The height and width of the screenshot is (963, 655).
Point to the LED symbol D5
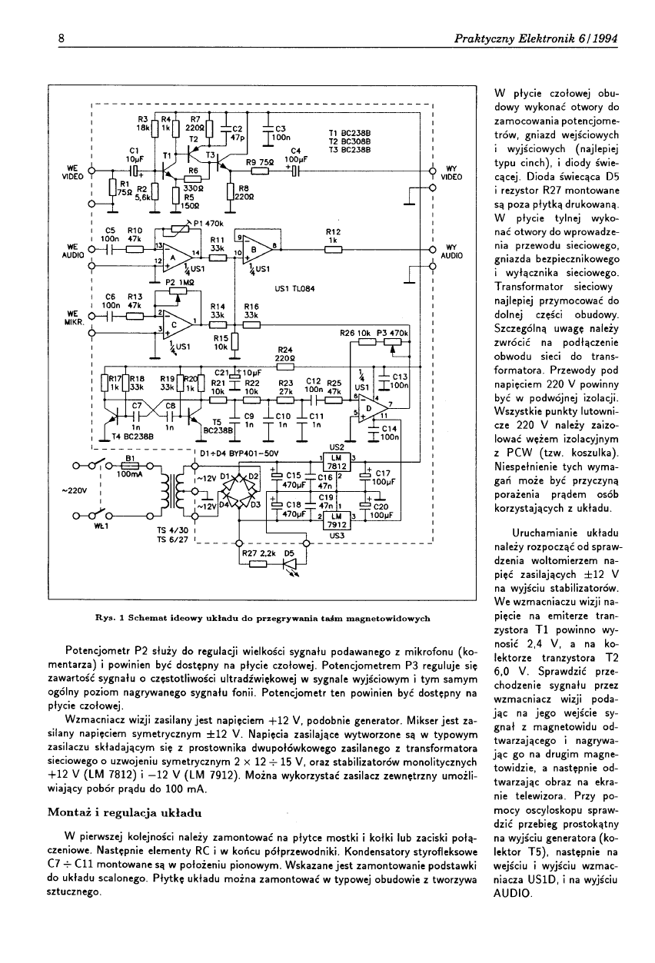tap(291, 564)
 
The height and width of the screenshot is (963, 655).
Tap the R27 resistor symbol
tap(256, 564)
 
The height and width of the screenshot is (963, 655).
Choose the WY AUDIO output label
tap(451, 252)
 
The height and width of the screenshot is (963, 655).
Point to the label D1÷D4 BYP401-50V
tap(238, 453)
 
